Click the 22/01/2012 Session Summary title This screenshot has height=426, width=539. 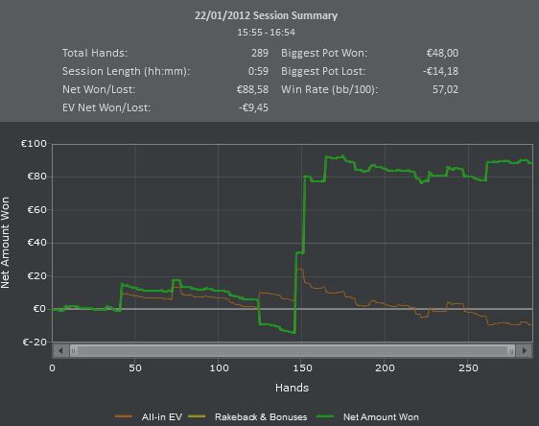[x=266, y=15]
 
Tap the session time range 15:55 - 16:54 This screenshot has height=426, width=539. [x=266, y=33]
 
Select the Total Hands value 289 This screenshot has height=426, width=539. [x=260, y=53]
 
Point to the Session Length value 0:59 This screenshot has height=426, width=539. [x=258, y=71]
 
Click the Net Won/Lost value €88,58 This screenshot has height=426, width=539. [x=252, y=90]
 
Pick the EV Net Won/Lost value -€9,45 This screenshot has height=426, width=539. [x=254, y=107]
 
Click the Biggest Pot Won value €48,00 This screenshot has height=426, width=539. [x=442, y=53]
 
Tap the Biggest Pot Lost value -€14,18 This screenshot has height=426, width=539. [x=440, y=71]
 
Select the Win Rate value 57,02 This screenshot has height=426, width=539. [x=446, y=90]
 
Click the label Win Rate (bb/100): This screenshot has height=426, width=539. [x=329, y=90]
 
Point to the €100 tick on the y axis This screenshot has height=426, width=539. [x=34, y=143]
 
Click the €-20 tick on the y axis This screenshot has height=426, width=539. [x=35, y=343]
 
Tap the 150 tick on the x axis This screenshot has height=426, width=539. [x=302, y=368]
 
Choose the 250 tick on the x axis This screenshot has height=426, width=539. [x=468, y=368]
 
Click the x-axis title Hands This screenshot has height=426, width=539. [x=292, y=388]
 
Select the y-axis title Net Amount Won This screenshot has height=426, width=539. [x=5, y=243]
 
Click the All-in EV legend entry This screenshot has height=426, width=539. [x=149, y=417]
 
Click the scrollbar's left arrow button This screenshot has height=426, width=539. [x=60, y=351]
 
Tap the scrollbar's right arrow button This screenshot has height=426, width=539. [x=525, y=351]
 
